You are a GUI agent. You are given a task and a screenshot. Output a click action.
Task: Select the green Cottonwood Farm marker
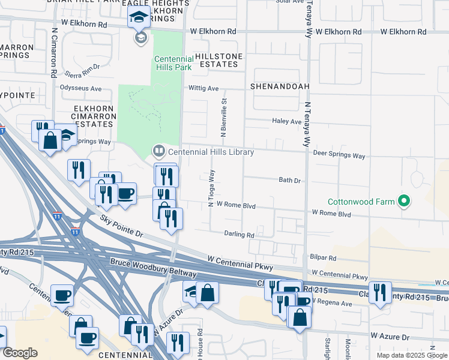pos(405,201)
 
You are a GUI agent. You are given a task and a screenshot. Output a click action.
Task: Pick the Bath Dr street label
pos(289,180)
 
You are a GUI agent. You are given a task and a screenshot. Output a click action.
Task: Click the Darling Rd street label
pos(240,235)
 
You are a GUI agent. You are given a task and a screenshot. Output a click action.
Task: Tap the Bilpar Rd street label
pos(324,257)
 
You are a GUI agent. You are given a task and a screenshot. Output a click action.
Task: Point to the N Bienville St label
pos(223,119)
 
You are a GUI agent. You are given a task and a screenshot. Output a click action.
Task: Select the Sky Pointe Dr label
pos(122,226)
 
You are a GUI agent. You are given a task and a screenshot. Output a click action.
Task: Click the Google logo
pos(20,353)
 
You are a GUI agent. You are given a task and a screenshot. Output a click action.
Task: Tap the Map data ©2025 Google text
pos(411,355)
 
